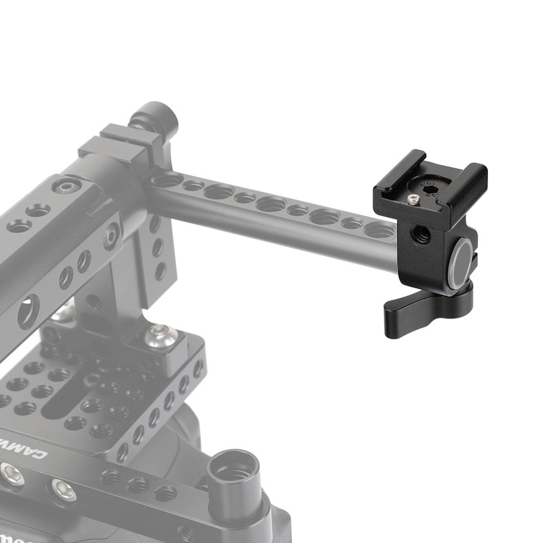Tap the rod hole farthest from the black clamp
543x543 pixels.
click(x=167, y=181)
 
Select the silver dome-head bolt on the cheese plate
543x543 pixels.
click(x=160, y=335)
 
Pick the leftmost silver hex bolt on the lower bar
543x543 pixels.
click(x=12, y=476)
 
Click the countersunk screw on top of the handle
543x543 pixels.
click(x=67, y=186)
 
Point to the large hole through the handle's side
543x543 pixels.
click(x=28, y=313)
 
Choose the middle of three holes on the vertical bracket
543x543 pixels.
click(x=157, y=247)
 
